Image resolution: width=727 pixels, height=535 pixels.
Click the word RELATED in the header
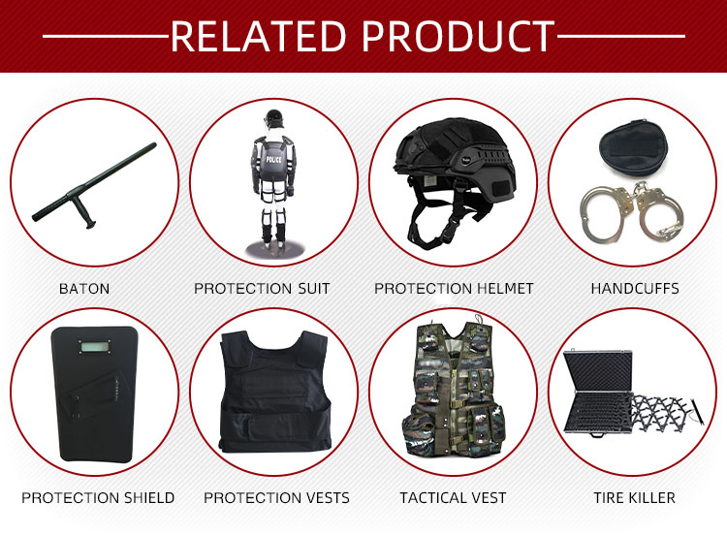tap(259, 36)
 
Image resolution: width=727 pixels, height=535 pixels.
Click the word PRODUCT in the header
tap(458, 36)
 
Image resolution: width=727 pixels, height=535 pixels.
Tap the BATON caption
tap(84, 289)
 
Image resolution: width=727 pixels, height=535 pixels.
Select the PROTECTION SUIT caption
tap(262, 289)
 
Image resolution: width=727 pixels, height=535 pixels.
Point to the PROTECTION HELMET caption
tap(454, 289)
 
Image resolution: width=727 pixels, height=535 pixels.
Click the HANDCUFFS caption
tap(635, 289)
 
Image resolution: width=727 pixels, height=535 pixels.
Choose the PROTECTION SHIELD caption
tap(98, 498)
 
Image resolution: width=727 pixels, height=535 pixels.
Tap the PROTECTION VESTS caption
tap(276, 498)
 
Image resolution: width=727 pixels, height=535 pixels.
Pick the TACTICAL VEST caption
tap(453, 498)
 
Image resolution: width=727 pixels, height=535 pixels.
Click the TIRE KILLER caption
tap(634, 498)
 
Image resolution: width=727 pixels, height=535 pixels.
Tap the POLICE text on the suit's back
tap(273, 160)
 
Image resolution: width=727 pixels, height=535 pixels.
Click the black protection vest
tap(275, 392)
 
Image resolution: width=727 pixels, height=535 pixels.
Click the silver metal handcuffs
tap(631, 213)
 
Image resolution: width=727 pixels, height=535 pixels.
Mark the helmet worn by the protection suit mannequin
tap(273, 119)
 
